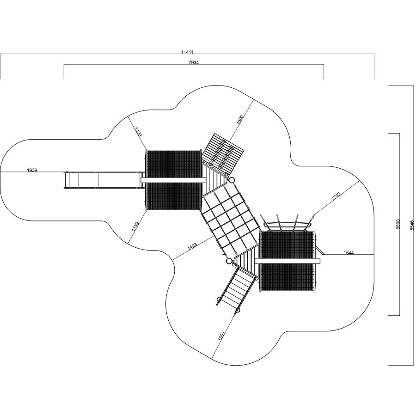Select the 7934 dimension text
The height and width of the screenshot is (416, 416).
193,62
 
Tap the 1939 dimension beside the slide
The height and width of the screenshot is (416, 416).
32,170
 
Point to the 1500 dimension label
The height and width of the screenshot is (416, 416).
239,120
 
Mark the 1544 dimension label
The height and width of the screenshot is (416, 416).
349,253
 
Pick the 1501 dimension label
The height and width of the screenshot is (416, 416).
221,336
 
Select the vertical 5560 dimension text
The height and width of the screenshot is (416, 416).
398,224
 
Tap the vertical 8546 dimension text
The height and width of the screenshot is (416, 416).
412,225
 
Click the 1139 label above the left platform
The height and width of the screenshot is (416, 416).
138,132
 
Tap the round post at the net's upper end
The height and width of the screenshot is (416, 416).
232,180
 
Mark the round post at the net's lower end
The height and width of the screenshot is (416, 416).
229,261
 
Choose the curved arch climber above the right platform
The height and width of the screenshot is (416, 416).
288,222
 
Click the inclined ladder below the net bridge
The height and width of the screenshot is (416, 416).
237,290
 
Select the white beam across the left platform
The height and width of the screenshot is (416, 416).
173,180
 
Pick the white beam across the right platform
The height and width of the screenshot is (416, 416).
288,261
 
